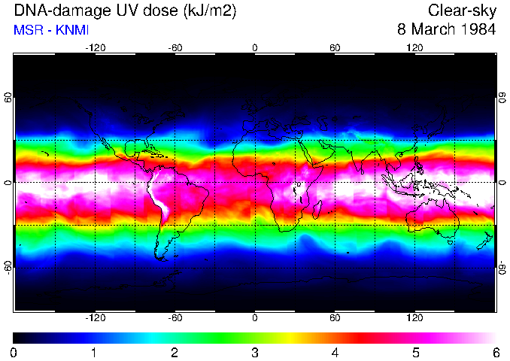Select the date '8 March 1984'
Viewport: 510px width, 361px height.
447,30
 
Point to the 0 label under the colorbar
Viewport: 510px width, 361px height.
14,352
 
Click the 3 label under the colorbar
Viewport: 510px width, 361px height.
254,352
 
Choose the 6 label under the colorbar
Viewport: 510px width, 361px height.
495,352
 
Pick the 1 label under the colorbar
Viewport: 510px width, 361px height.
94,352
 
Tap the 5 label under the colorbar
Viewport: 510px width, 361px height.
414,352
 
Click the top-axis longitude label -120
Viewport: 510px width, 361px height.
95,47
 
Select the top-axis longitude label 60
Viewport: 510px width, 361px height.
335,47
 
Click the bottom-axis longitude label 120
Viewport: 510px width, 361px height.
414,317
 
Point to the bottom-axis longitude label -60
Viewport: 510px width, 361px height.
175,317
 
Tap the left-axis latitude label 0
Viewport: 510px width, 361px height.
8,183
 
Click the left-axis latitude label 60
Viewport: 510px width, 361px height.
8,98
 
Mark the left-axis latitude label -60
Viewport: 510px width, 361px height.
8,267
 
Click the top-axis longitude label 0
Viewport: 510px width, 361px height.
255,47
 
